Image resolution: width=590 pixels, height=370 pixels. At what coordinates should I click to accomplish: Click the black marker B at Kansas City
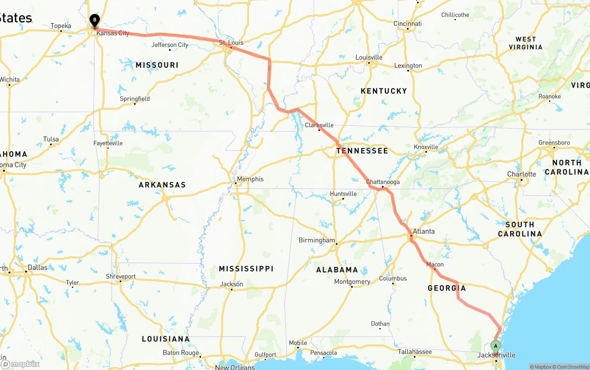[x=94, y=21]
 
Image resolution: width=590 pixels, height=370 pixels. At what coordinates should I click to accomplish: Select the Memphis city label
[x=250, y=179]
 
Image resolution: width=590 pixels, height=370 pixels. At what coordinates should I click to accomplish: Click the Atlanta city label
[x=424, y=231]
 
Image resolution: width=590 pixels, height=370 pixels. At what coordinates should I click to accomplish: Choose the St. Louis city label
[x=231, y=43]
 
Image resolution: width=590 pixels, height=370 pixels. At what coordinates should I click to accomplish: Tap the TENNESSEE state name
[x=362, y=151]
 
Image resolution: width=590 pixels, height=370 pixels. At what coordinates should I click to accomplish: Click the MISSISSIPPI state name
[x=246, y=269]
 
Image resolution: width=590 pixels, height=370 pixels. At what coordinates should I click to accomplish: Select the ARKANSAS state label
[x=162, y=185]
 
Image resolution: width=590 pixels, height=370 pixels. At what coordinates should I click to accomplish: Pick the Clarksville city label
[x=319, y=125]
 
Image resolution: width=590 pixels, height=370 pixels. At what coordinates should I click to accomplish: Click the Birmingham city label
[x=317, y=240]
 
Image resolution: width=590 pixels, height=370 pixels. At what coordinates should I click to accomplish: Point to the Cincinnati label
[x=407, y=23]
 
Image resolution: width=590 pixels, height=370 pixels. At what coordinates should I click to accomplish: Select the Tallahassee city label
[x=415, y=352]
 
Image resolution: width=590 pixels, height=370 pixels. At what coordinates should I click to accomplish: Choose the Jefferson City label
[x=170, y=45]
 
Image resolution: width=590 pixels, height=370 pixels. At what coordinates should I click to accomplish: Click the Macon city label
[x=435, y=264]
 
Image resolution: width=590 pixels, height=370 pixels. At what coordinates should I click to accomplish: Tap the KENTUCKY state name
[x=383, y=91]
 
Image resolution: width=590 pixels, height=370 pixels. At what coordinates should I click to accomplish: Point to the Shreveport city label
[x=120, y=276]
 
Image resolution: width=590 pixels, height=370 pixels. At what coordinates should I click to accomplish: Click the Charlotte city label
[x=521, y=174]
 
